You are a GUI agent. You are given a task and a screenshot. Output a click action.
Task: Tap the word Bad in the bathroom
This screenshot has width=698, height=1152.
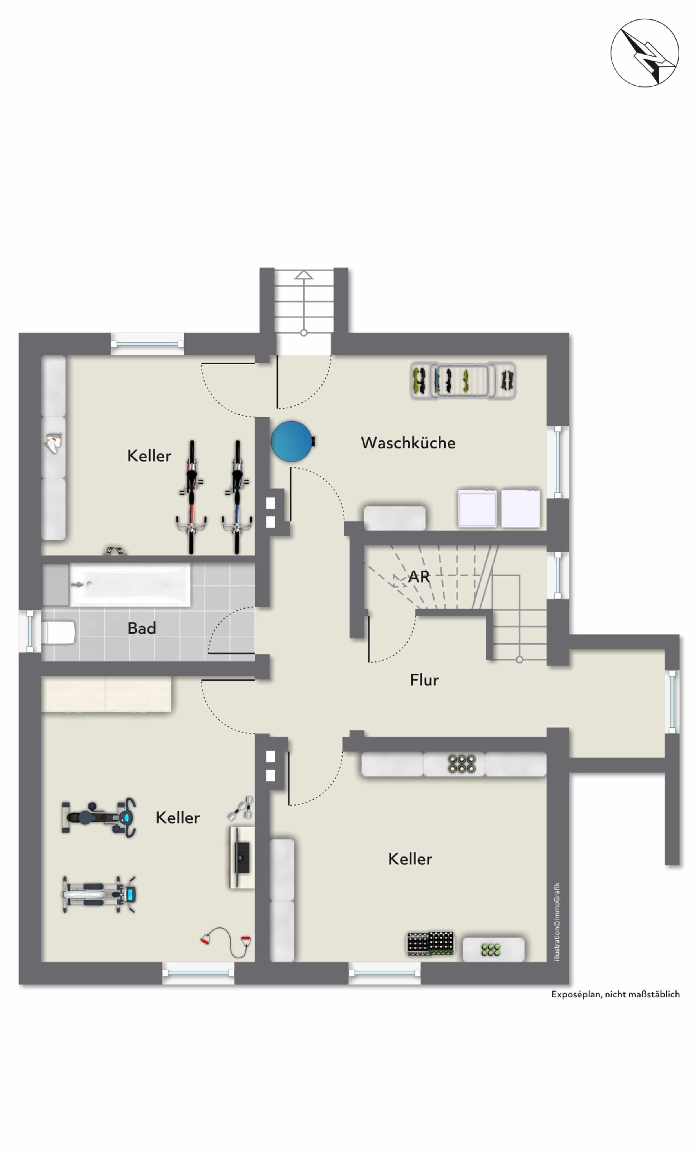coord(142,628)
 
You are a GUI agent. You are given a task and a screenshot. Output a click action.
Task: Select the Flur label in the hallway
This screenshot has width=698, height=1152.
coord(424,680)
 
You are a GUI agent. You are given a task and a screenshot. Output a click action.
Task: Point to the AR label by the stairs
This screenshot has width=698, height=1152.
coord(419,576)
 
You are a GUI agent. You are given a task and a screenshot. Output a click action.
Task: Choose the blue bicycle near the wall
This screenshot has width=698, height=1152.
coord(237,497)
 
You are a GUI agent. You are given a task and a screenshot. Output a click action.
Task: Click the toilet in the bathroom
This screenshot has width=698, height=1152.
coord(58,632)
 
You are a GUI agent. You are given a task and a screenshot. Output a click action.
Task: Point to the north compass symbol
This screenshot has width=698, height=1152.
coord(645,53)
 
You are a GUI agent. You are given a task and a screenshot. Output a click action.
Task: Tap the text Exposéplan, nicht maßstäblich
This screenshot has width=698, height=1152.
coord(615,994)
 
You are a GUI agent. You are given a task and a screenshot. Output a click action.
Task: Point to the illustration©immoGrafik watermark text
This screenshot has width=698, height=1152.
coord(556,922)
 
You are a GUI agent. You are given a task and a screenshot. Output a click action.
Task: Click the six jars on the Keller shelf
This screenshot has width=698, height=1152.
coord(462,764)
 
